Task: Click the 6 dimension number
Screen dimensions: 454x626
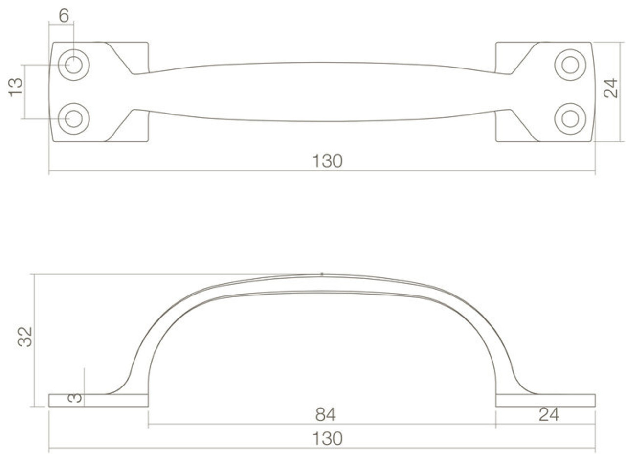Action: [x=64, y=16]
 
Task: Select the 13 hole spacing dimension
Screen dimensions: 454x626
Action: [x=16, y=87]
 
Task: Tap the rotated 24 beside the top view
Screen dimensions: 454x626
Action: [x=610, y=89]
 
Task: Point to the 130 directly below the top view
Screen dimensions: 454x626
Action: [x=327, y=161]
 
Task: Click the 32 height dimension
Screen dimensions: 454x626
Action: [x=25, y=337]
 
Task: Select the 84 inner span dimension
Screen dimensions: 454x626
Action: [x=325, y=415]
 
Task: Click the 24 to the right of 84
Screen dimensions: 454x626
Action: [x=549, y=415]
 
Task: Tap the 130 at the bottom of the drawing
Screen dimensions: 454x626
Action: [x=327, y=439]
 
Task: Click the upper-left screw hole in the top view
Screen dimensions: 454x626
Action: [x=74, y=65]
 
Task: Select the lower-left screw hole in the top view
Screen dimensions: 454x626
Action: [x=74, y=119]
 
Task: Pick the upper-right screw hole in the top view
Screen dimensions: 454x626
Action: [x=570, y=65]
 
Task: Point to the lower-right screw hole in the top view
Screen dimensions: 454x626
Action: [x=570, y=119]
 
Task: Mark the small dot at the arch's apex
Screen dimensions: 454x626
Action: [x=322, y=274]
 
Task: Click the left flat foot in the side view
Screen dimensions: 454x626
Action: [x=98, y=400]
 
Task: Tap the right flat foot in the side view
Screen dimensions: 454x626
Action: [x=545, y=400]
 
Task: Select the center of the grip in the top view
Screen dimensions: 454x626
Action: [x=322, y=92]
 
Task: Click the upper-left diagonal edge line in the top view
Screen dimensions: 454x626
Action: [x=120, y=59]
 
